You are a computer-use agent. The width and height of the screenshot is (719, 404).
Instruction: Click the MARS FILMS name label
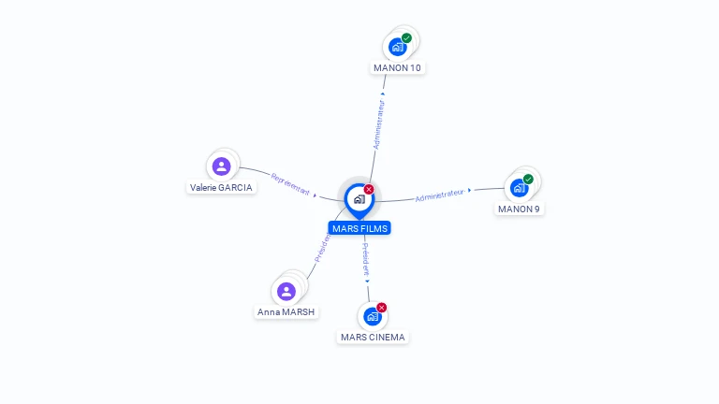pyautogui.click(x=359, y=228)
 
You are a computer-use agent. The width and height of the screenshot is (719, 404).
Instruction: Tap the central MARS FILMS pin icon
pyautogui.click(x=359, y=199)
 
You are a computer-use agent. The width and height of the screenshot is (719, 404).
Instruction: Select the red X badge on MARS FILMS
pyautogui.click(x=369, y=189)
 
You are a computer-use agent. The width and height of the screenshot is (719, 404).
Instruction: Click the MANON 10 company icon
pyautogui.click(x=397, y=47)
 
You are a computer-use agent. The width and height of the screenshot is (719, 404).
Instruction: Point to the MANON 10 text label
pyautogui.click(x=397, y=67)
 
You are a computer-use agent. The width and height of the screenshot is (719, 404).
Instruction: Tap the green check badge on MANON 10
pyautogui.click(x=406, y=38)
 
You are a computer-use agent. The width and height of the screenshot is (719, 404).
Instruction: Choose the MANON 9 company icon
pyautogui.click(x=519, y=188)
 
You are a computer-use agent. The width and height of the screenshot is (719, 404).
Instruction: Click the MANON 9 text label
pyautogui.click(x=519, y=209)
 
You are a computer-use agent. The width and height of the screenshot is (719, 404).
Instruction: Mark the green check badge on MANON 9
pyautogui.click(x=528, y=179)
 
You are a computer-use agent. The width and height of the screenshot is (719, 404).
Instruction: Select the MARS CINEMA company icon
pyautogui.click(x=373, y=316)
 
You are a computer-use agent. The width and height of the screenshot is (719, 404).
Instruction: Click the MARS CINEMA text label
pyautogui.click(x=374, y=337)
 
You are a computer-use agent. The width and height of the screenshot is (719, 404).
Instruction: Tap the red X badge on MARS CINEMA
pyautogui.click(x=382, y=308)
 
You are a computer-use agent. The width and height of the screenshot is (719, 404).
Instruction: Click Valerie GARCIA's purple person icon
pyautogui.click(x=222, y=166)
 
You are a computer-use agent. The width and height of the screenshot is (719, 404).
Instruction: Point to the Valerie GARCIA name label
pyautogui.click(x=221, y=187)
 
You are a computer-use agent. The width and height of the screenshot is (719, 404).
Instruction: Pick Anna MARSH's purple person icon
pyautogui.click(x=286, y=291)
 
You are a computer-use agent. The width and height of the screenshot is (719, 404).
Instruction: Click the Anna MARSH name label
pyautogui.click(x=286, y=311)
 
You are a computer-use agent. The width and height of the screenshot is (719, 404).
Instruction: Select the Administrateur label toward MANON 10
pyautogui.click(x=379, y=126)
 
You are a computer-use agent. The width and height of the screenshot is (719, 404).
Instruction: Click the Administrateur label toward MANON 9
pyautogui.click(x=440, y=195)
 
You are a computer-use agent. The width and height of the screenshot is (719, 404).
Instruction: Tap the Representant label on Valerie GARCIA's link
pyautogui.click(x=290, y=183)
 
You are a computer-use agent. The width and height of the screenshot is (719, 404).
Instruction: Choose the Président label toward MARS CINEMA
pyautogui.click(x=366, y=258)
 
